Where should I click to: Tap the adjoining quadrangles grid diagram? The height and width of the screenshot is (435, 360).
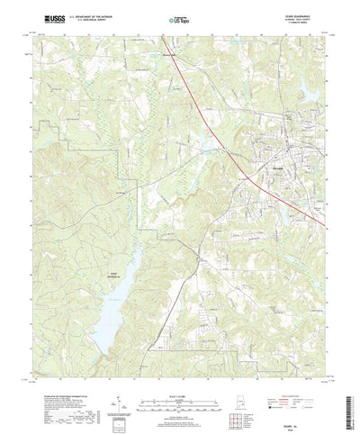click(x=248, y=397)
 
